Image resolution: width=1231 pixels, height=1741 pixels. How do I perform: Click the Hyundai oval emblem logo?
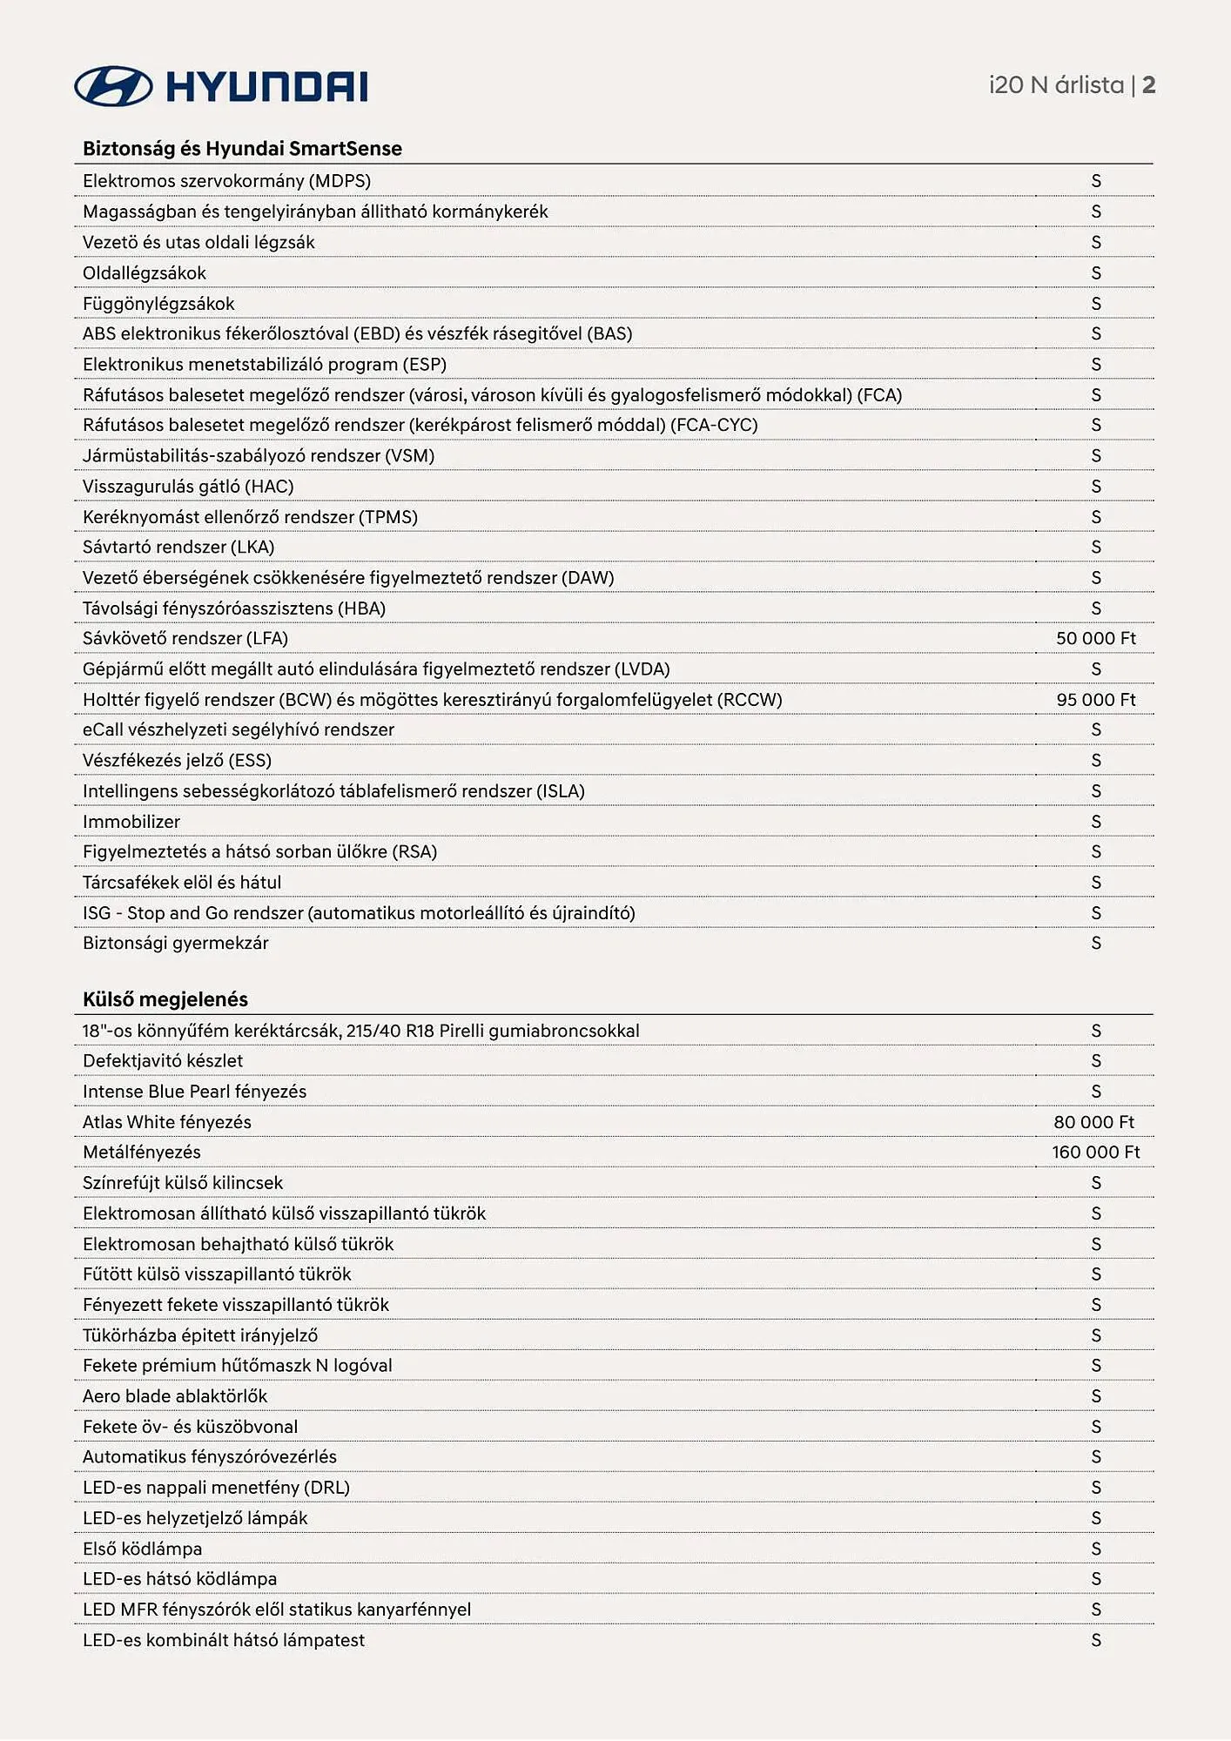[x=113, y=86]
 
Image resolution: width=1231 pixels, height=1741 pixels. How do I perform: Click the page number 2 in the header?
[x=1149, y=85]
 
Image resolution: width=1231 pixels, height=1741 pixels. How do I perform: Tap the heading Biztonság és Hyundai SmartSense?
[x=242, y=149]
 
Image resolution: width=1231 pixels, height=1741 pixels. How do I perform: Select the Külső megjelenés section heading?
[x=165, y=999]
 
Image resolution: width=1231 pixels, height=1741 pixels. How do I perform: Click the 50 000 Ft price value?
[x=1096, y=638]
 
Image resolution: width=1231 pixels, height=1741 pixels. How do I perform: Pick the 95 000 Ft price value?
[x=1096, y=700]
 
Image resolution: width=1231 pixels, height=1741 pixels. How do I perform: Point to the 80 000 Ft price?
[x=1094, y=1122]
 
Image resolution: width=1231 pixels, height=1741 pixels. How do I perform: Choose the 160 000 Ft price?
[x=1095, y=1153]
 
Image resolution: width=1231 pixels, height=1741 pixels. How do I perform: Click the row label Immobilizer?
[x=131, y=822]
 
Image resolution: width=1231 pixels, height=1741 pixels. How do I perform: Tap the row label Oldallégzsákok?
[x=145, y=273]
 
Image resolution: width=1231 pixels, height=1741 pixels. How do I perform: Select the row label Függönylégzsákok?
[x=158, y=304]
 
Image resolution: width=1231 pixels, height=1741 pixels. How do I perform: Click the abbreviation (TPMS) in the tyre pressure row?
[x=388, y=517]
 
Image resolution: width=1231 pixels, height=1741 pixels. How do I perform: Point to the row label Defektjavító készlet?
[x=163, y=1061]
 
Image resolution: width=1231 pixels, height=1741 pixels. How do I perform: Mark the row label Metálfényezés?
[x=142, y=1153]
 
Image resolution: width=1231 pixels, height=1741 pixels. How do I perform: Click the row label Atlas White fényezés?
[x=167, y=1122]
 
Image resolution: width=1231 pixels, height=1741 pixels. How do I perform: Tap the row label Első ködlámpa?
[x=143, y=1549]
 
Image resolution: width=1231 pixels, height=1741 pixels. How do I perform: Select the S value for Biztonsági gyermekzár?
[x=1096, y=944]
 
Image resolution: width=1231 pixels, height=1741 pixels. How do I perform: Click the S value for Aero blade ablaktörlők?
[x=1096, y=1396]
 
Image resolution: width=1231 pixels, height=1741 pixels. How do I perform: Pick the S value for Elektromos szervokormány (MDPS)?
[x=1096, y=181]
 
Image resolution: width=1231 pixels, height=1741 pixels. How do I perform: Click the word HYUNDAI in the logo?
[x=266, y=87]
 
